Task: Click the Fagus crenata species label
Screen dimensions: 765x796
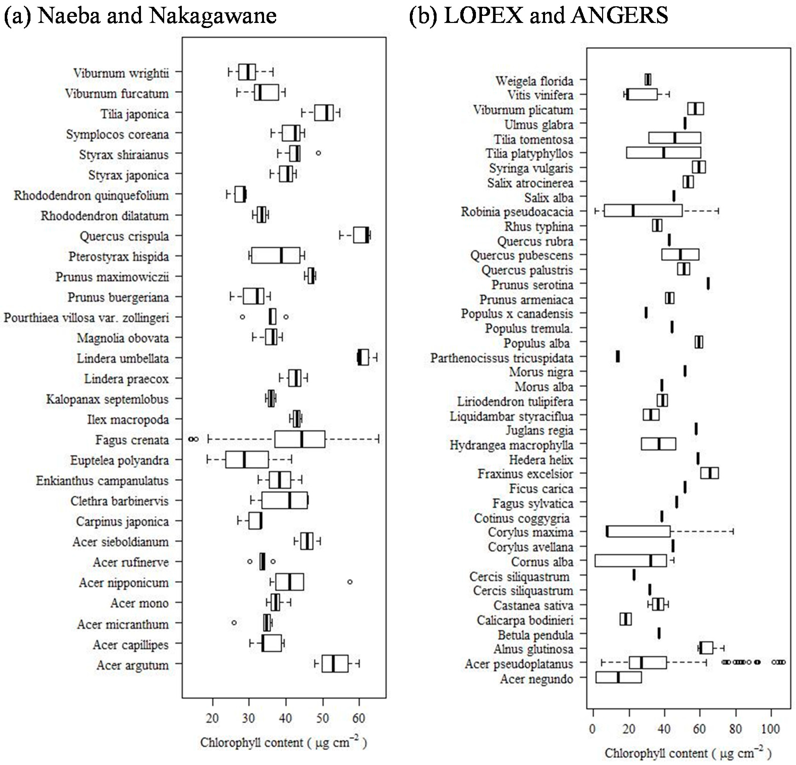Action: pyautogui.click(x=132, y=440)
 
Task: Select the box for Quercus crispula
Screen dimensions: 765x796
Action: pyautogui.click(x=361, y=235)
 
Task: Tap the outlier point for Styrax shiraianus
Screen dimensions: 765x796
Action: pyautogui.click(x=318, y=153)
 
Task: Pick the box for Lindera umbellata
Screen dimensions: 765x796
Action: pyautogui.click(x=363, y=357)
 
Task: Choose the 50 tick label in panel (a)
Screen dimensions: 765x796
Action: pyautogui.click(x=323, y=718)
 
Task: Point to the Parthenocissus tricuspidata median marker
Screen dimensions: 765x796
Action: pyautogui.click(x=618, y=357)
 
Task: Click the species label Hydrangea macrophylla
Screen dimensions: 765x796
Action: pyautogui.click(x=511, y=445)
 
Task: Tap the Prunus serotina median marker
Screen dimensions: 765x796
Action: pyautogui.click(x=708, y=284)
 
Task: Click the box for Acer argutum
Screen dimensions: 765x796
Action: pyautogui.click(x=335, y=663)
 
